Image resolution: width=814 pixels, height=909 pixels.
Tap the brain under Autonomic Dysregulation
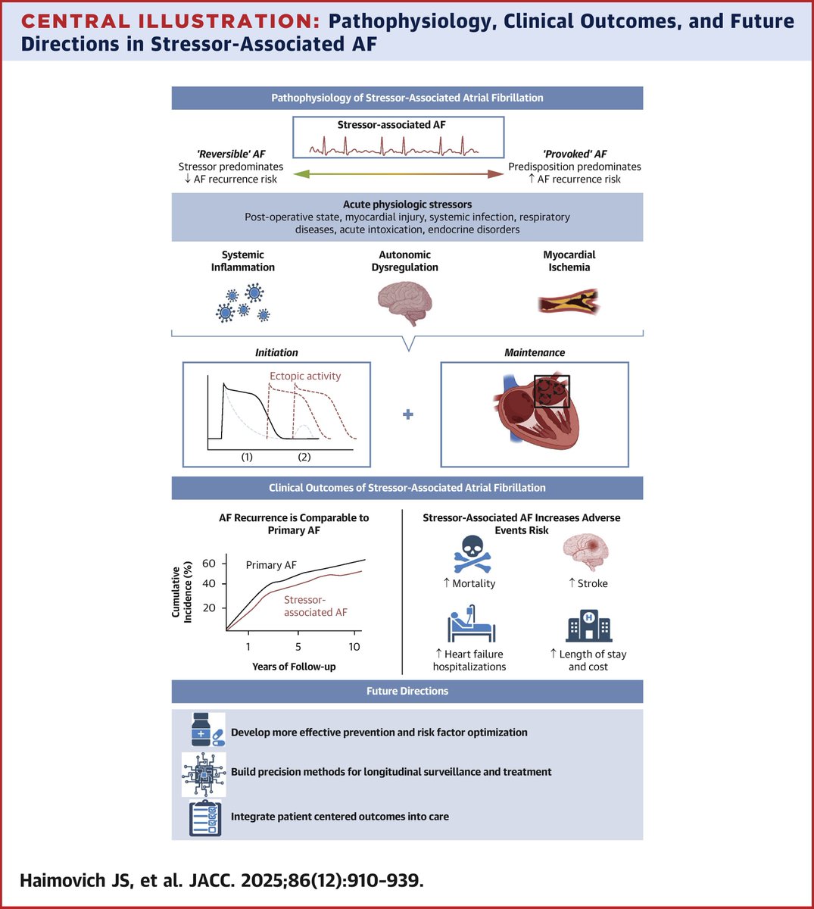[404, 303]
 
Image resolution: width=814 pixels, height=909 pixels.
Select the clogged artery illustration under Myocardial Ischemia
[569, 302]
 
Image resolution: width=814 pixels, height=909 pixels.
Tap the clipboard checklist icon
[204, 817]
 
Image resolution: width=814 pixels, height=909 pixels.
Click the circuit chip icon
[204, 773]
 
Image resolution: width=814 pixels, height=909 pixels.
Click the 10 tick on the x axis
[354, 646]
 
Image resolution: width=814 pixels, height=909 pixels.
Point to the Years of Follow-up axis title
[294, 667]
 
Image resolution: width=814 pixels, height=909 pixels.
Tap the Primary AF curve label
[271, 565]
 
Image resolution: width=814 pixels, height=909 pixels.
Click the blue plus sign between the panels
[408, 414]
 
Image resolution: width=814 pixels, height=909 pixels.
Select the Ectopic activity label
[305, 376]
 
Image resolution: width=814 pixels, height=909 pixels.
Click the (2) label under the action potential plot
[304, 457]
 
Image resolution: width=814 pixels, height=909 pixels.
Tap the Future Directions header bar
[407, 691]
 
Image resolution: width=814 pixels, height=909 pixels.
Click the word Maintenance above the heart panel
[535, 352]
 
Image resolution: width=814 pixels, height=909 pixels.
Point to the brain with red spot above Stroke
[587, 551]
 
